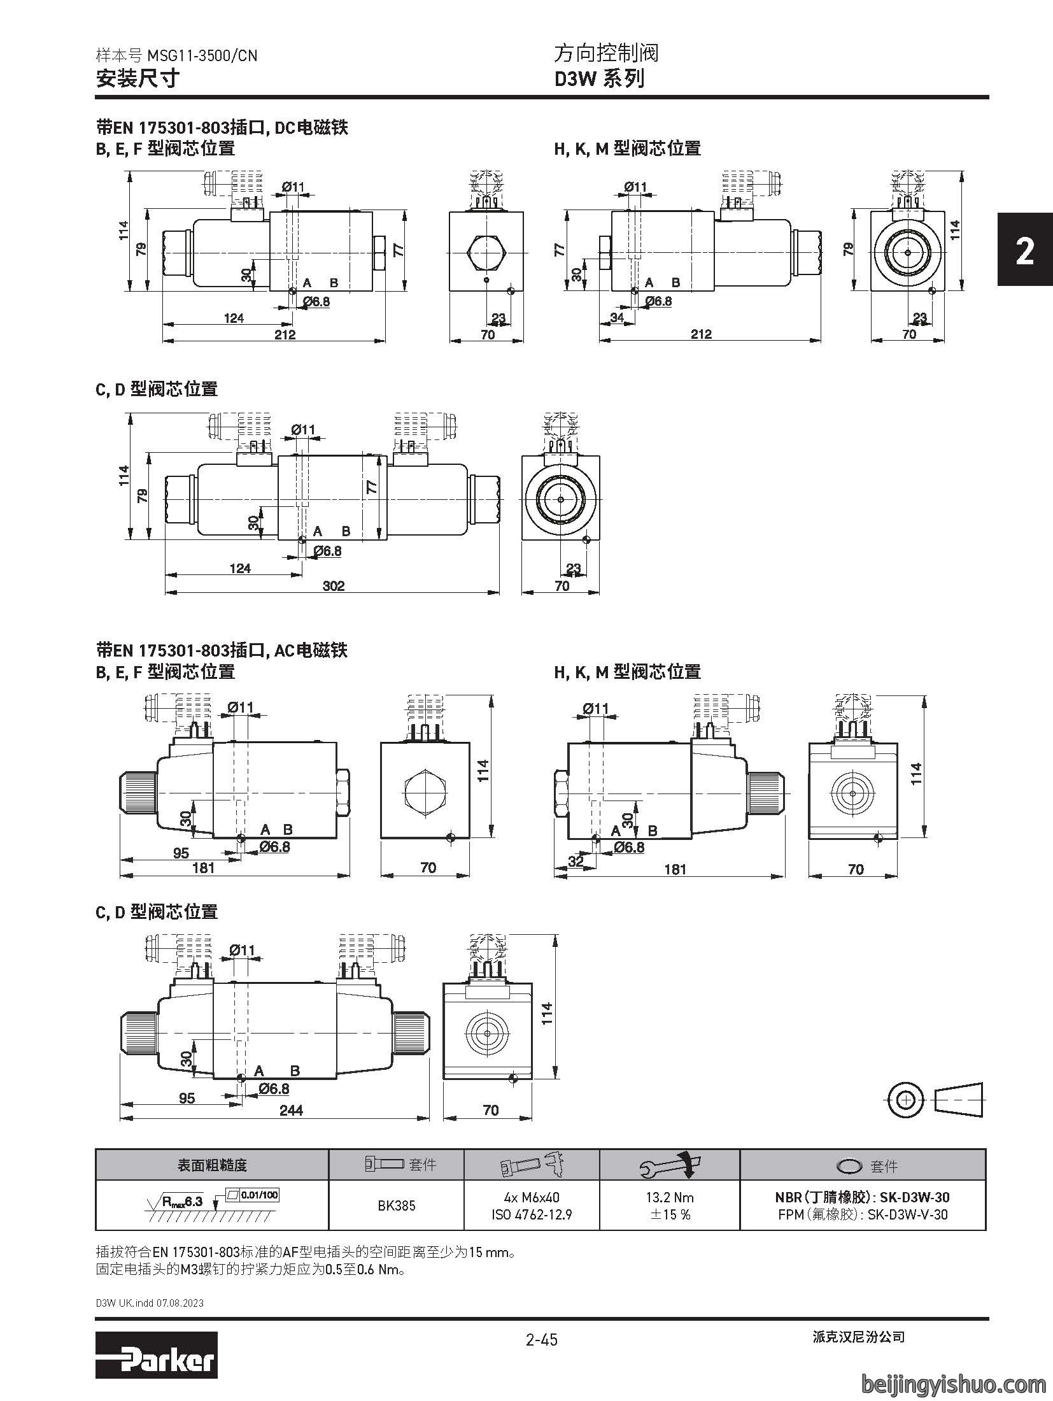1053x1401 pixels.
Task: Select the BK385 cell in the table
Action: pos(396,1205)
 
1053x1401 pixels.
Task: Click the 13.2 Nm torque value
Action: pos(670,1197)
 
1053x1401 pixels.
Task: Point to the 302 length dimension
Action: pos(334,585)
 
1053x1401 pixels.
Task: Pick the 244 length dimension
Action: pos(291,1110)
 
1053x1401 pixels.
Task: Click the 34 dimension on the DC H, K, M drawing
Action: pos(617,317)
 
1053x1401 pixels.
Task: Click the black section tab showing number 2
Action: pos(1025,250)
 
